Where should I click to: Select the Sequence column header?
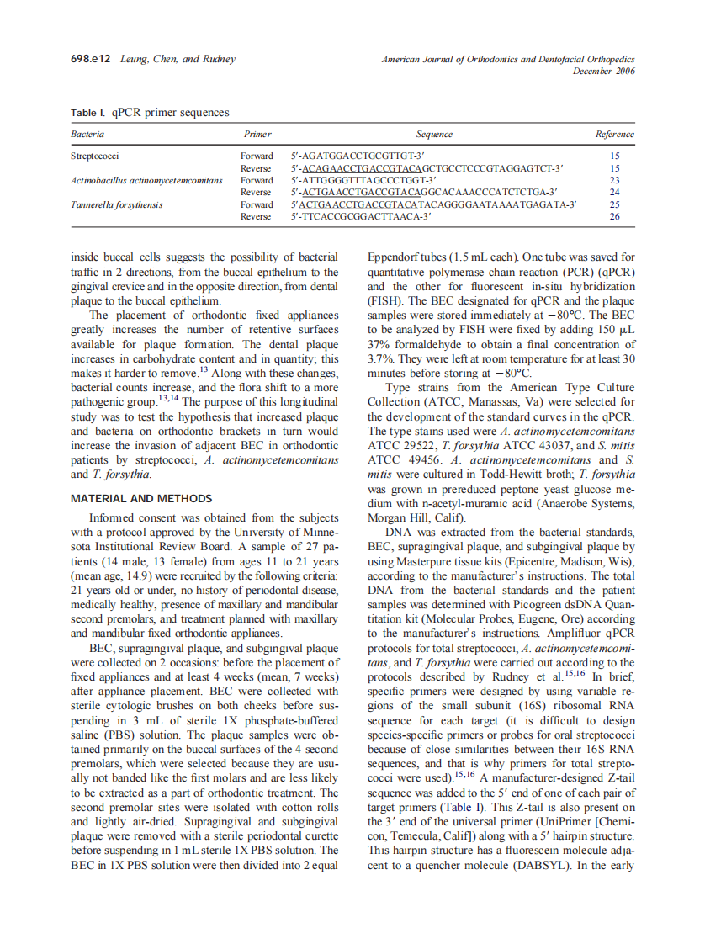click(x=434, y=134)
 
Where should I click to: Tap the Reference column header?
click(x=614, y=134)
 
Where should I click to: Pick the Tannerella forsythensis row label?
click(x=117, y=204)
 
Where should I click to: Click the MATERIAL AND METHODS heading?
click(x=141, y=499)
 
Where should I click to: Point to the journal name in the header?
click(x=508, y=60)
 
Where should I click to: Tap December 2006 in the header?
click(x=604, y=72)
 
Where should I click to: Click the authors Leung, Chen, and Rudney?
click(x=178, y=60)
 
